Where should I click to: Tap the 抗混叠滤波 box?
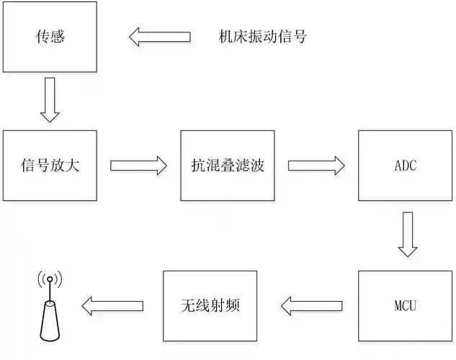(x=227, y=166)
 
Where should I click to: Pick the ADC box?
(x=405, y=166)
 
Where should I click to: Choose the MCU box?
(x=405, y=306)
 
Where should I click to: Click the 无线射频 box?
(x=210, y=306)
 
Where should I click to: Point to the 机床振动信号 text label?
(x=262, y=36)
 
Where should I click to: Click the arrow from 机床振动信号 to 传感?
(x=159, y=36)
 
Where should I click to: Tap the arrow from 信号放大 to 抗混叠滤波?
(x=138, y=166)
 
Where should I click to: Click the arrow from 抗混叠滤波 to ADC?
(x=316, y=166)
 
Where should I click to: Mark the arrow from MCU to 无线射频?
(x=310, y=306)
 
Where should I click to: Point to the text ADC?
(x=405, y=166)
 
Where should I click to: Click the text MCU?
(x=405, y=307)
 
